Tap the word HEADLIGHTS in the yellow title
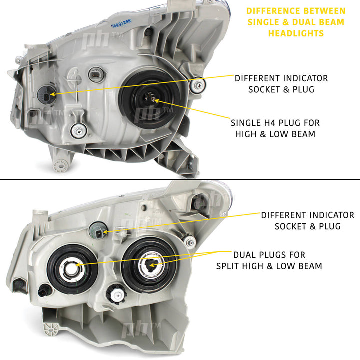tap(296, 33)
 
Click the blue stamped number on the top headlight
tap(121, 23)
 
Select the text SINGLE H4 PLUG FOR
tap(275, 123)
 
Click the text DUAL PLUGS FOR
tap(269, 255)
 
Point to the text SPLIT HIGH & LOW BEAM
tap(269, 266)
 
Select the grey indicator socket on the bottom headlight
tap(98, 231)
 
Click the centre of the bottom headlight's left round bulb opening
tap(72, 269)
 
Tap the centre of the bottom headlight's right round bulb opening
tap(150, 265)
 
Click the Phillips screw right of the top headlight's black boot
tap(198, 85)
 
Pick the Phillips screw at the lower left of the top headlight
tap(79, 131)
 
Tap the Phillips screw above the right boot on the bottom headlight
tap(190, 242)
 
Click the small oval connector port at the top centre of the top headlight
tap(96, 75)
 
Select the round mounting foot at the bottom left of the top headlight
tap(60, 165)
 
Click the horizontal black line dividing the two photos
tap(180, 180)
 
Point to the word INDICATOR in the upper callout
tap(305, 78)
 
